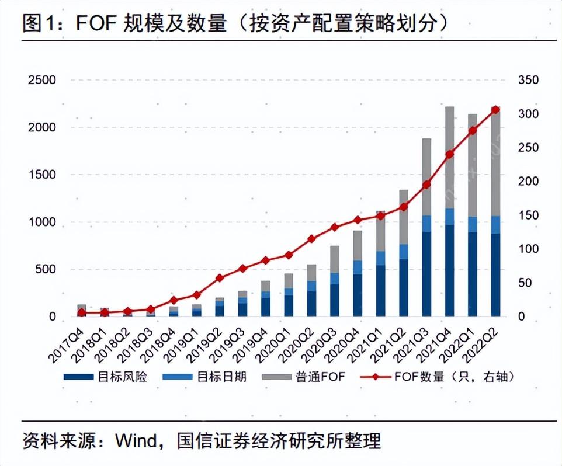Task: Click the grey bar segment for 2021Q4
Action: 449,158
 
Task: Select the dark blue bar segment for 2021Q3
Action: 426,274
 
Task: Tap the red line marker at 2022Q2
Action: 495,110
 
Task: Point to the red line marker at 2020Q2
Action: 311,239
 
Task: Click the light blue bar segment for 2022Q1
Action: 472,224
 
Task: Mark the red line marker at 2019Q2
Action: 220,278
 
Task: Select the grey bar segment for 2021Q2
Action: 404,217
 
